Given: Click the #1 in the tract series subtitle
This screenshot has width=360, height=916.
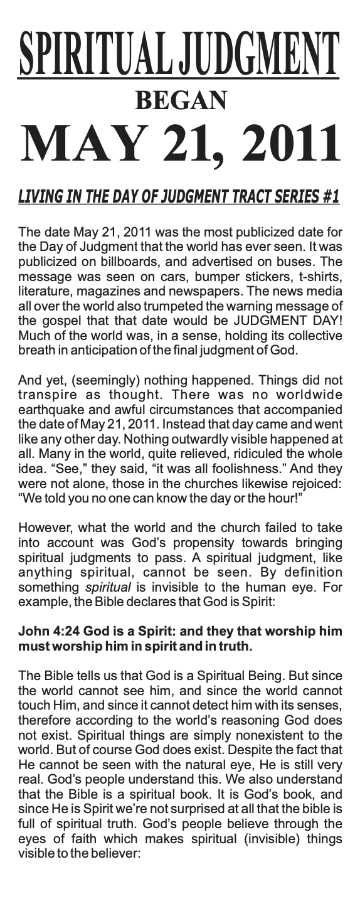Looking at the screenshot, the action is click(x=328, y=197).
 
